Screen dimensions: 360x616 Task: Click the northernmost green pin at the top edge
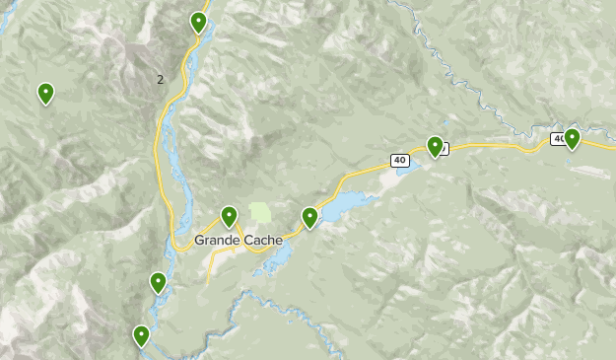(x=198, y=21)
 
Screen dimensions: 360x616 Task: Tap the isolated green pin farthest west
(x=45, y=93)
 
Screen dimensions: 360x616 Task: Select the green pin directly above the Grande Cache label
(x=229, y=215)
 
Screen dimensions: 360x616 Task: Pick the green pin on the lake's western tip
(x=309, y=217)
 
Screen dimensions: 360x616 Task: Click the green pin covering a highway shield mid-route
(x=435, y=146)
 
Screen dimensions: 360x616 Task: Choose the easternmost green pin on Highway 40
(x=572, y=138)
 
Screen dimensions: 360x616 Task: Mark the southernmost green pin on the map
(x=142, y=335)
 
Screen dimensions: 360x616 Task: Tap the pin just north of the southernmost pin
(x=158, y=282)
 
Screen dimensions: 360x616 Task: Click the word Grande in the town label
(x=216, y=240)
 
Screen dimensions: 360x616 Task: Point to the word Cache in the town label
(x=260, y=240)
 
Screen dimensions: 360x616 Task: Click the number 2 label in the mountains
(x=161, y=79)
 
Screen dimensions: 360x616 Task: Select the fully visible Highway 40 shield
(x=398, y=160)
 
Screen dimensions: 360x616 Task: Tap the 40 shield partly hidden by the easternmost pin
(x=559, y=139)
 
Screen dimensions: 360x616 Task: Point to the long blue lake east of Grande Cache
(x=345, y=207)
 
